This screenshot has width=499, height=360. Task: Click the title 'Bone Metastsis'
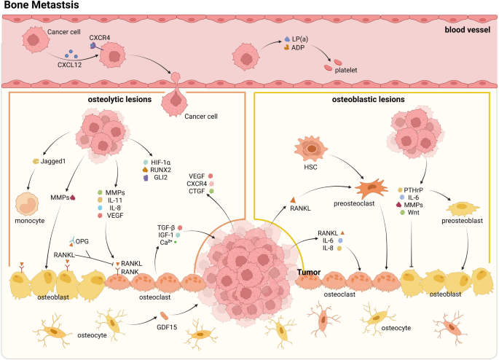pos(40,6)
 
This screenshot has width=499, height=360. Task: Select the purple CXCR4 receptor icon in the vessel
pos(94,45)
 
